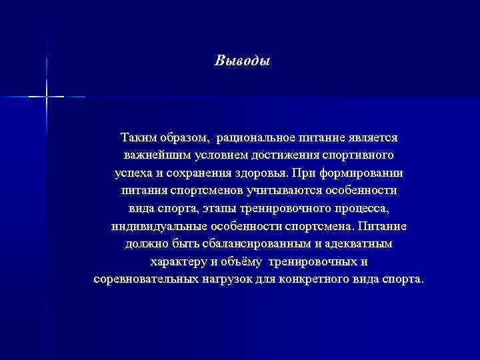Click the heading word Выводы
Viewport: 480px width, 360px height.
pos(243,61)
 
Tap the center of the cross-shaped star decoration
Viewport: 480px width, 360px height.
pos(47,97)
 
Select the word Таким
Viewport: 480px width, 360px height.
pos(137,137)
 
